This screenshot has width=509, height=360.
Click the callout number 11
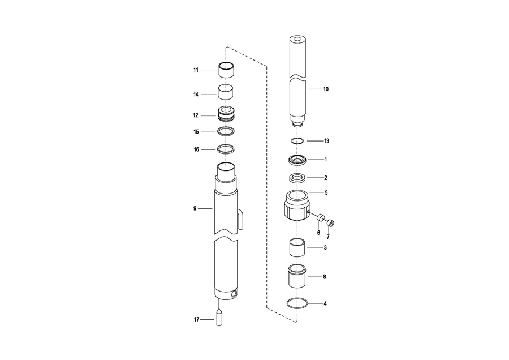pyautogui.click(x=196, y=70)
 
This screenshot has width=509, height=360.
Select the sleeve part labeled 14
pyautogui.click(x=226, y=92)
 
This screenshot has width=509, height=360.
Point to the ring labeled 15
pyautogui.click(x=226, y=131)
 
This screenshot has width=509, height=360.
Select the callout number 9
pyautogui.click(x=195, y=208)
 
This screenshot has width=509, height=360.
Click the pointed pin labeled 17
pyautogui.click(x=219, y=318)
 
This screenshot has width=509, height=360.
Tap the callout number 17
pyautogui.click(x=196, y=319)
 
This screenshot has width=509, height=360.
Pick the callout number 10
pyautogui.click(x=326, y=89)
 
